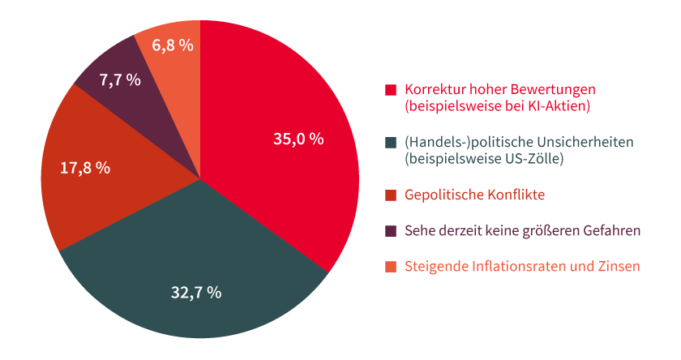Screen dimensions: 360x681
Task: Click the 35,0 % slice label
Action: point(298,139)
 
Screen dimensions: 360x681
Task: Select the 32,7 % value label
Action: point(195,293)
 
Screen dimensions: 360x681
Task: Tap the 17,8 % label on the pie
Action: point(85,168)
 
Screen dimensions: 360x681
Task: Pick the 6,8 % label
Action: point(173,45)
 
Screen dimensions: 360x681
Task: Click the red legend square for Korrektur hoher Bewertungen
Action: point(391,89)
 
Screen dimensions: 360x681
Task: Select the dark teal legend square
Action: point(391,143)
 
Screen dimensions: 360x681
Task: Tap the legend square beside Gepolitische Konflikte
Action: point(391,195)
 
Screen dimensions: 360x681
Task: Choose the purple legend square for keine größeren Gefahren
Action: point(391,231)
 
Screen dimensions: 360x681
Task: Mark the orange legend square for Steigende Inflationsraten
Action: point(391,267)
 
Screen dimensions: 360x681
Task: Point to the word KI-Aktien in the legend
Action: point(562,105)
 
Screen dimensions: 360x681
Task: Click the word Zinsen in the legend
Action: point(619,267)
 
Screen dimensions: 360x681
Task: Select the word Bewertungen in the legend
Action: point(558,89)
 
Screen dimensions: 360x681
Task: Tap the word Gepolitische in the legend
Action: point(442,195)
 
